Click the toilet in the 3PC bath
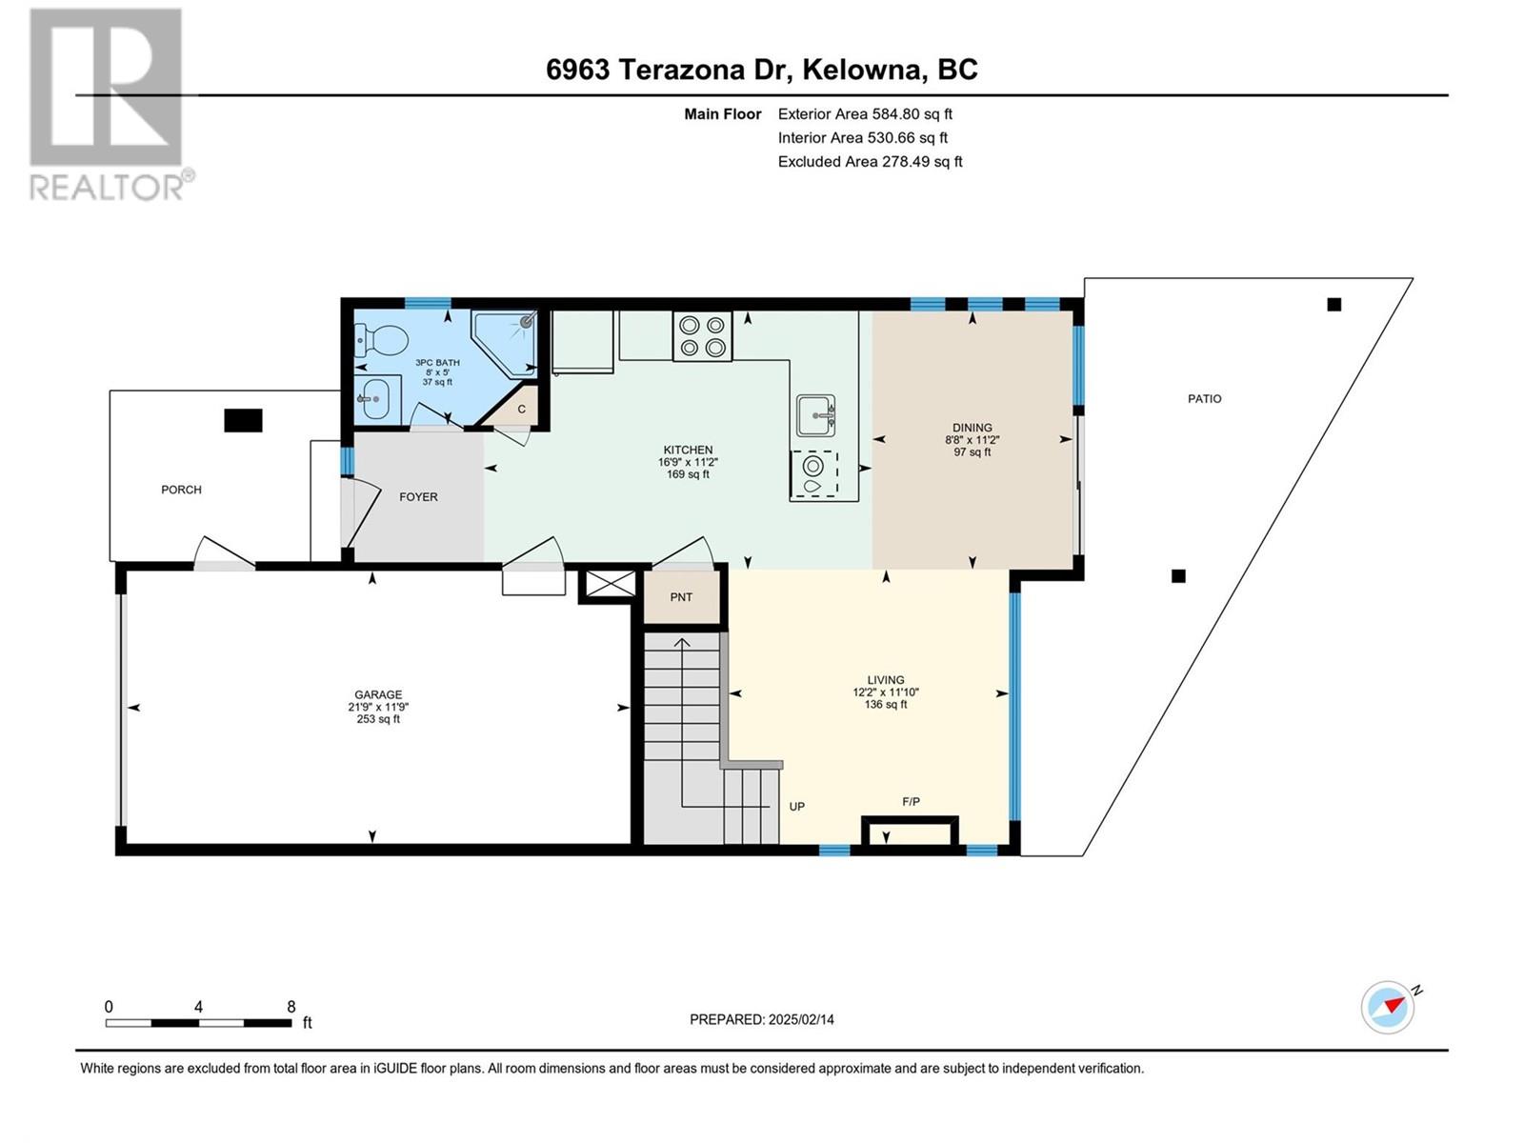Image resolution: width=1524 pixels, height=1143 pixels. click(379, 338)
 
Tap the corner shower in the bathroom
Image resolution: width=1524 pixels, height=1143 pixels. click(508, 341)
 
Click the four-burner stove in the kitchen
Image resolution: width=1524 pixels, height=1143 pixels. click(702, 336)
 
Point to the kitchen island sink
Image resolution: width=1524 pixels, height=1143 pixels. click(816, 415)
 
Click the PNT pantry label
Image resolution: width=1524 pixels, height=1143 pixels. click(681, 597)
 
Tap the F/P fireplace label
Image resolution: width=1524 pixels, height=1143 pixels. click(911, 802)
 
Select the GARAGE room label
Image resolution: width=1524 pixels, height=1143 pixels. click(378, 694)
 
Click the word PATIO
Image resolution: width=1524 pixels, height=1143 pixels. click(1204, 398)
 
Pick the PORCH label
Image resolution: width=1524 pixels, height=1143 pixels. click(181, 490)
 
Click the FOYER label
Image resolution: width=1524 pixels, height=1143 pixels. click(418, 496)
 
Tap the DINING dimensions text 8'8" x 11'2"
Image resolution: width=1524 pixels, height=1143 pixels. click(972, 440)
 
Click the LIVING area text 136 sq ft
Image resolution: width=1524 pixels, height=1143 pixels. click(886, 705)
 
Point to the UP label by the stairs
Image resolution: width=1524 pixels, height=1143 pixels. click(796, 806)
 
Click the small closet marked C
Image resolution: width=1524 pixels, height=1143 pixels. click(521, 409)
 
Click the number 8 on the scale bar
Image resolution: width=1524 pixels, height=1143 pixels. click(291, 1007)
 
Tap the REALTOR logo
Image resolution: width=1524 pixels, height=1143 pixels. click(107, 105)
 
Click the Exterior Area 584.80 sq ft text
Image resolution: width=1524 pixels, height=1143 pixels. click(865, 113)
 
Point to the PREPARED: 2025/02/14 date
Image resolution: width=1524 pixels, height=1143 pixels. click(761, 1019)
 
